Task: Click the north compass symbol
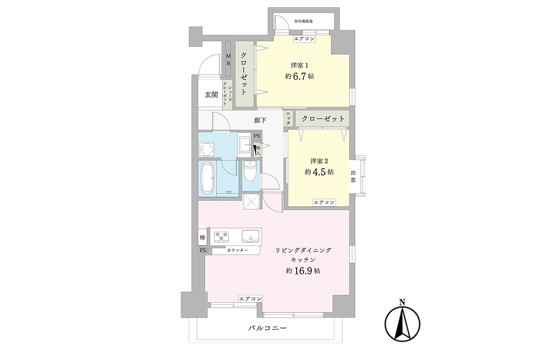tap(402, 322)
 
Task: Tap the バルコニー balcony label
tap(268, 328)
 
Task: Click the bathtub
tap(207, 178)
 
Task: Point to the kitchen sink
tap(250, 236)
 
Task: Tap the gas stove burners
tap(222, 237)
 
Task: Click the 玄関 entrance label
tap(211, 95)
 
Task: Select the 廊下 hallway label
tap(260, 120)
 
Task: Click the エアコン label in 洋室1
tap(304, 39)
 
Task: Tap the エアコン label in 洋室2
tap(324, 202)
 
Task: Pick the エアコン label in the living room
tap(250, 298)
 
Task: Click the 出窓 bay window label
tap(353, 177)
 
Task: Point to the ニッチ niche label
tap(288, 118)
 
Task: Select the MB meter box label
tap(228, 60)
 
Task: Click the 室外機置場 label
tap(303, 21)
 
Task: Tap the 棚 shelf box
tap(202, 237)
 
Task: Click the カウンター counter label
tap(238, 250)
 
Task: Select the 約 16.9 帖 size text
tap(303, 271)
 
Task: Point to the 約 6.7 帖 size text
tap(299, 76)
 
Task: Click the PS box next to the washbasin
tap(257, 136)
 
